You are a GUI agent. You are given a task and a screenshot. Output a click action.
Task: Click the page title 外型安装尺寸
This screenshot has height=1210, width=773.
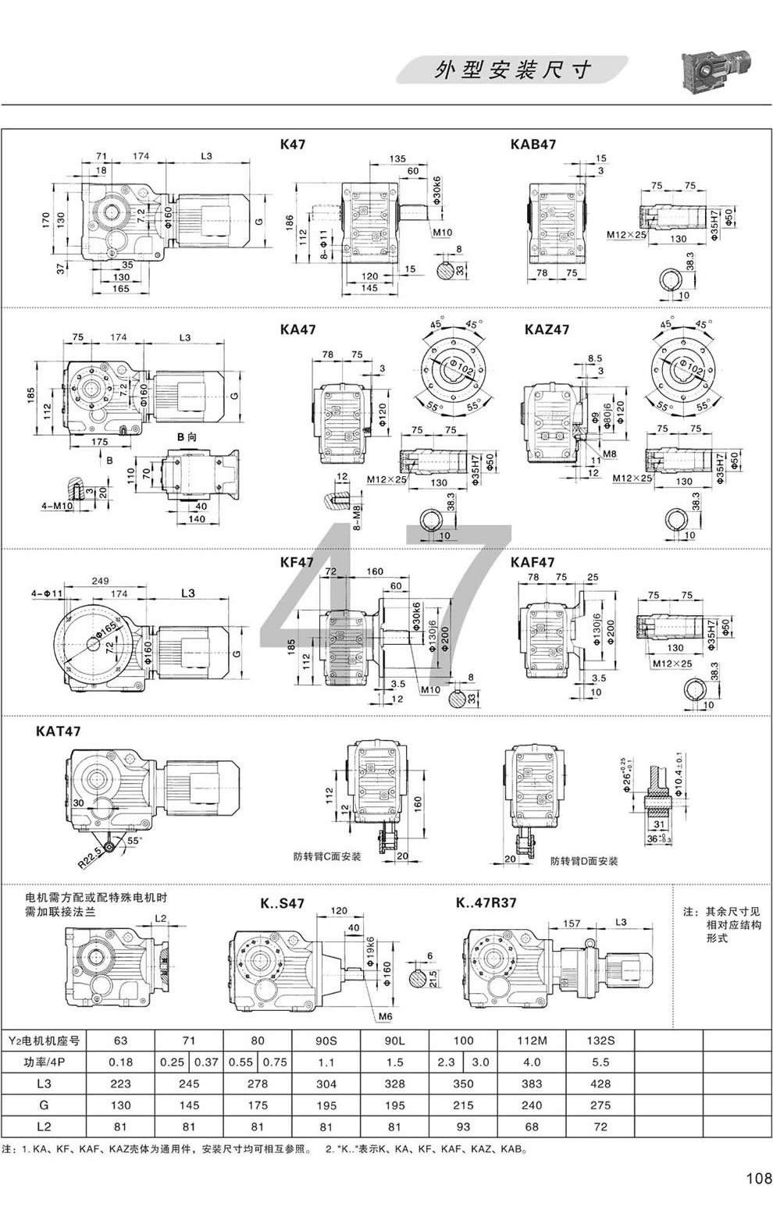tap(512, 69)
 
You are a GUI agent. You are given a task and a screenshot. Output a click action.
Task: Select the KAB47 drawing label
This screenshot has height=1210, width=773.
tap(533, 144)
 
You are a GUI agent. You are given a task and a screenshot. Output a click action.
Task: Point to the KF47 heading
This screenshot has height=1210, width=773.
tap(297, 562)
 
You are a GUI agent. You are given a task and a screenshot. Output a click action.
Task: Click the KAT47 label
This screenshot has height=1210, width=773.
tap(58, 731)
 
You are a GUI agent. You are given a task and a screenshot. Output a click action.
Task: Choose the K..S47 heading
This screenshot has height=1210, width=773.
tap(282, 904)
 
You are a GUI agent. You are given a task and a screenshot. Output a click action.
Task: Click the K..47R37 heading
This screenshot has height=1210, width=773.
tap(486, 903)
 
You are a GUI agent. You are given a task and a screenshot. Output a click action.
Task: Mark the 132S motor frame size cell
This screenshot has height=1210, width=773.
tap(600, 1041)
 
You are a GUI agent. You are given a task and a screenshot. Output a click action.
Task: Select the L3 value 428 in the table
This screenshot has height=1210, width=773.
tap(600, 1084)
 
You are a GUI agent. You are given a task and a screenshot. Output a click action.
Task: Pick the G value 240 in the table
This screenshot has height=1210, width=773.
tap(532, 1105)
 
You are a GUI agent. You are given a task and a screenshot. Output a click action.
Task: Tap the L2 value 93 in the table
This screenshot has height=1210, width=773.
tap(463, 1127)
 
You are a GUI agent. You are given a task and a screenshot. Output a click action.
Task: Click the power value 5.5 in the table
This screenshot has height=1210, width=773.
tap(600, 1062)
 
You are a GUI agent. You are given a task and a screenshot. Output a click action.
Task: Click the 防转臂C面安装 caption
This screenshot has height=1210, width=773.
tap(328, 856)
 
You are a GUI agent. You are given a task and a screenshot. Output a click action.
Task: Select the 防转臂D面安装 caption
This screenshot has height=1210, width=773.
tap(583, 861)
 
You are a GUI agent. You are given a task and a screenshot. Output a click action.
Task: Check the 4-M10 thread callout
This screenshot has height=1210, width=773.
tap(56, 506)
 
